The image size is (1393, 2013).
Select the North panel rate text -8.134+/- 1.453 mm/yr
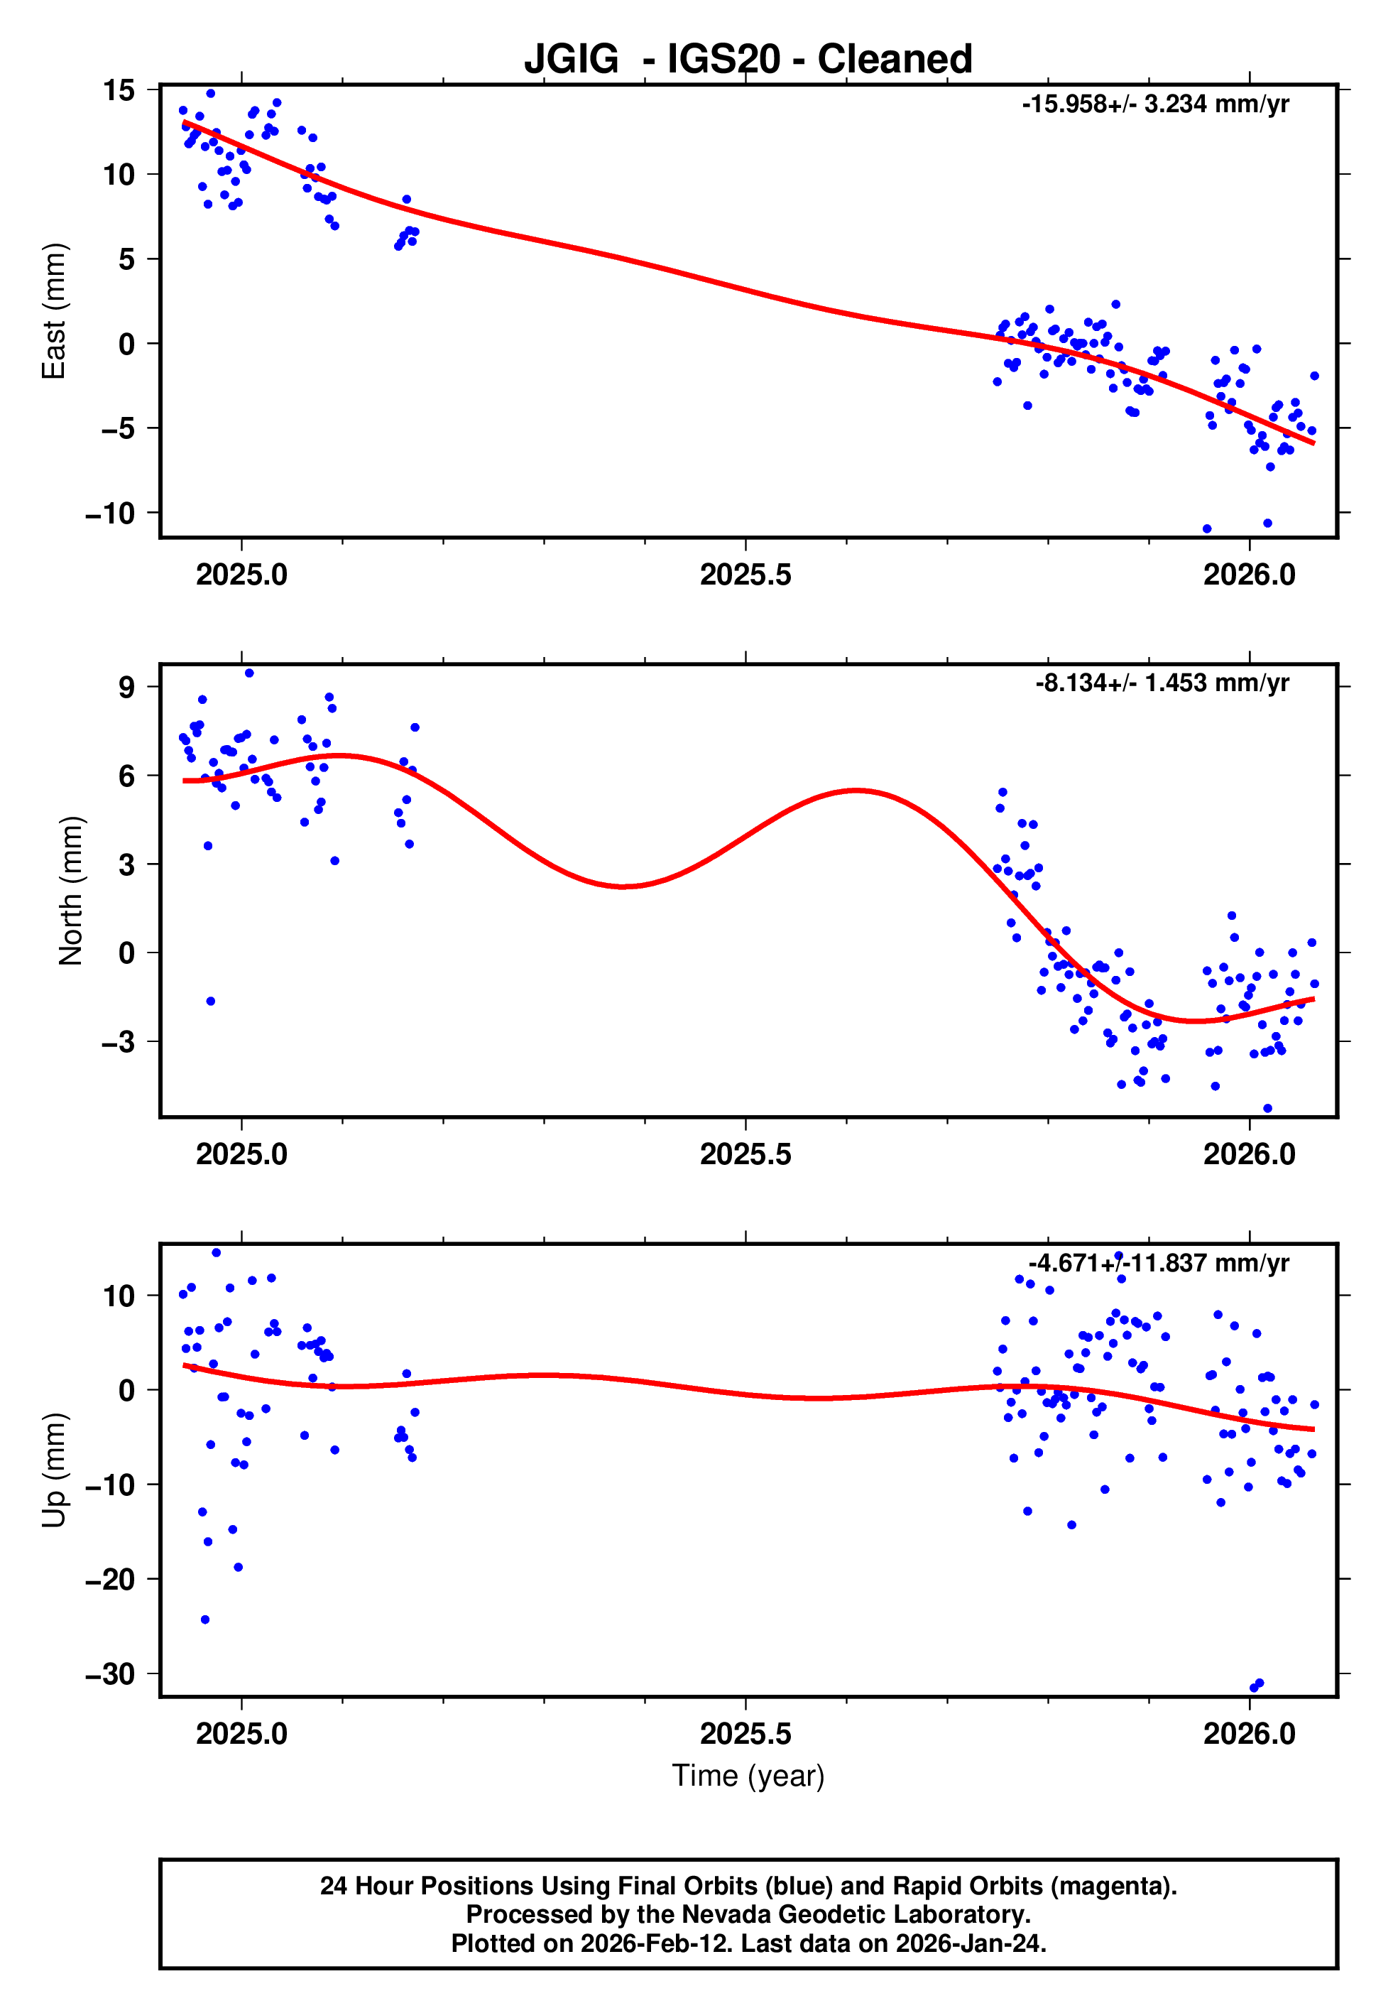1162,683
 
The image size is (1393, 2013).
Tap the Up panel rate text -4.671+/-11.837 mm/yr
1158,1263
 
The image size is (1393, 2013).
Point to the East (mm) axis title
54,311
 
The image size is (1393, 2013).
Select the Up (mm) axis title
54,1470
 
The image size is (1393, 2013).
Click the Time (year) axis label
748,1776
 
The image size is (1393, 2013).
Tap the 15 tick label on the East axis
119,90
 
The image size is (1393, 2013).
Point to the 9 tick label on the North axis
127,687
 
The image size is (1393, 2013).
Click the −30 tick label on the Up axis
110,1674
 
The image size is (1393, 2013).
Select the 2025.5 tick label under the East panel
745,575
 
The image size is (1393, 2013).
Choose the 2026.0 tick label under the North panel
1249,1155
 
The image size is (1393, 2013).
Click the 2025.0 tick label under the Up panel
242,1734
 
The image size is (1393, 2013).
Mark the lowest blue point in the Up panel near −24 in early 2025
205,1620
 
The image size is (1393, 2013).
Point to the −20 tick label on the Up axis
110,1579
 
